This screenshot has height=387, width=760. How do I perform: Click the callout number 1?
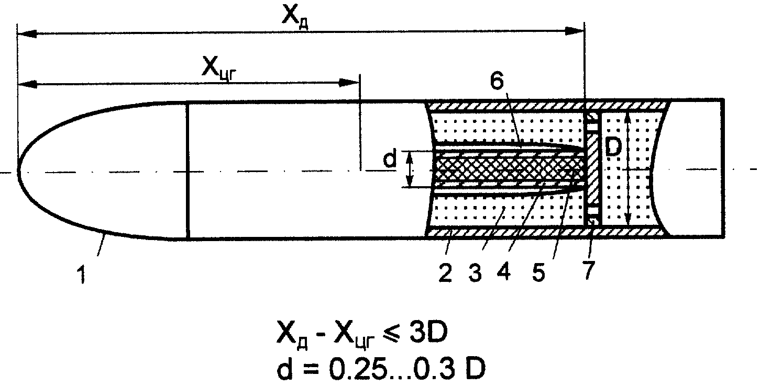82,275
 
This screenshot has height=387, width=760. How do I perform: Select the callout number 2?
446,273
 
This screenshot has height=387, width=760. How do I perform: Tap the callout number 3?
475,273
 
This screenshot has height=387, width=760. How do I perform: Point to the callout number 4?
505,272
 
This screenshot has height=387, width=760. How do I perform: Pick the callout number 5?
538,272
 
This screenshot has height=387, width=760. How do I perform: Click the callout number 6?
497,82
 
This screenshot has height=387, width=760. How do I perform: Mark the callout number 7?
589,270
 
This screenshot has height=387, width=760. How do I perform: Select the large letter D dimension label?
613,148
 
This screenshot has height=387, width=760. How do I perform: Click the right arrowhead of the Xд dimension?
575,31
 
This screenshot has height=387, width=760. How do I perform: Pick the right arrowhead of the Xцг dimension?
349,83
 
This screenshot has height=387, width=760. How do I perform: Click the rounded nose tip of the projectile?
18,170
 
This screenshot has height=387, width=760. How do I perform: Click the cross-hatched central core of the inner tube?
510,169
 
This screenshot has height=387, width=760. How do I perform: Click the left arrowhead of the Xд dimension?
27,33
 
